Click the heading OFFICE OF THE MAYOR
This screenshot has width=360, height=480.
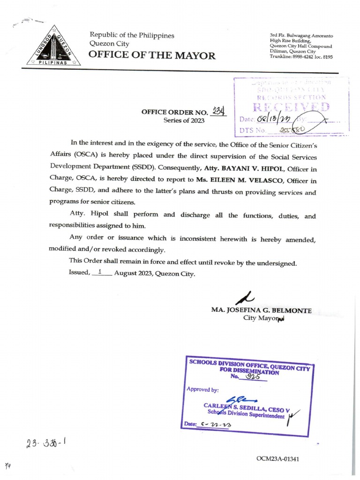[152, 56]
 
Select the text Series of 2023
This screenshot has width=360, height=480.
[184, 120]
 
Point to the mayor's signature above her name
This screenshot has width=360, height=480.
[245, 297]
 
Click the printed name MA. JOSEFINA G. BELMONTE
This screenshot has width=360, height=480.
[261, 310]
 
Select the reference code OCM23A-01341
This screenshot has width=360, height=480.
[277, 458]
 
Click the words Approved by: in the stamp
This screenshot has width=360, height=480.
[202, 390]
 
